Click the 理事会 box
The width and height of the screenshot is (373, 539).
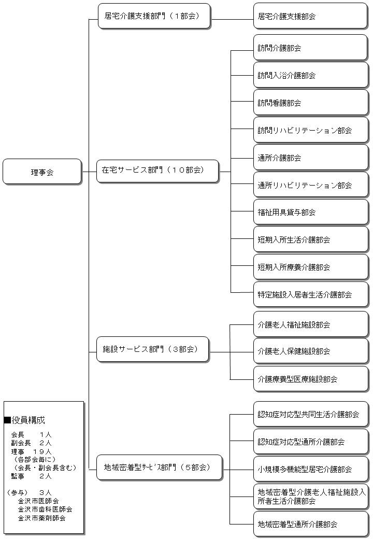pos(42,172)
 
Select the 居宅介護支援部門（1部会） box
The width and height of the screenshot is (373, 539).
pos(154,16)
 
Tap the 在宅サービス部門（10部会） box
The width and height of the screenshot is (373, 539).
pos(157,171)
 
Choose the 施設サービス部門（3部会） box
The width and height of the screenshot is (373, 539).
pos(153,350)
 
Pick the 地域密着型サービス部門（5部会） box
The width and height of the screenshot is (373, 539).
pos(160,467)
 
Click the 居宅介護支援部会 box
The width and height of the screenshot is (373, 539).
pos(310,16)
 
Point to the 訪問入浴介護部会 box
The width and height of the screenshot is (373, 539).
pos(310,75)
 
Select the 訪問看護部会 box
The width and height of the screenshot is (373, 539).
pos(310,103)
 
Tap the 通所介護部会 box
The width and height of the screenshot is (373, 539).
pos(310,158)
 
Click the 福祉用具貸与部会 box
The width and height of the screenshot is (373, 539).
pos(310,212)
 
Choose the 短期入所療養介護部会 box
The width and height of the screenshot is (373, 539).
pos(310,267)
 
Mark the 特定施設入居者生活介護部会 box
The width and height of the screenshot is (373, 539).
pos(310,294)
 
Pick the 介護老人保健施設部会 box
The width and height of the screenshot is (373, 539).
pos(310,351)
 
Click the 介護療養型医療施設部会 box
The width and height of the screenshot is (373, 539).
pos(310,379)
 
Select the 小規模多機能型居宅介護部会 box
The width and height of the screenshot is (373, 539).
pos(310,469)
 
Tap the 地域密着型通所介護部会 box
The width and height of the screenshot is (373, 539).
pos(310,524)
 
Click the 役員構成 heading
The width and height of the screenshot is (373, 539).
pos(28,420)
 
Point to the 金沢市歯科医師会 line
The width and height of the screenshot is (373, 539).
pos(45,509)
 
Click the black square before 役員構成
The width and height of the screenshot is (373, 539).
pos(7,420)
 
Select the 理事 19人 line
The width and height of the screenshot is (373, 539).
pos(31,451)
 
